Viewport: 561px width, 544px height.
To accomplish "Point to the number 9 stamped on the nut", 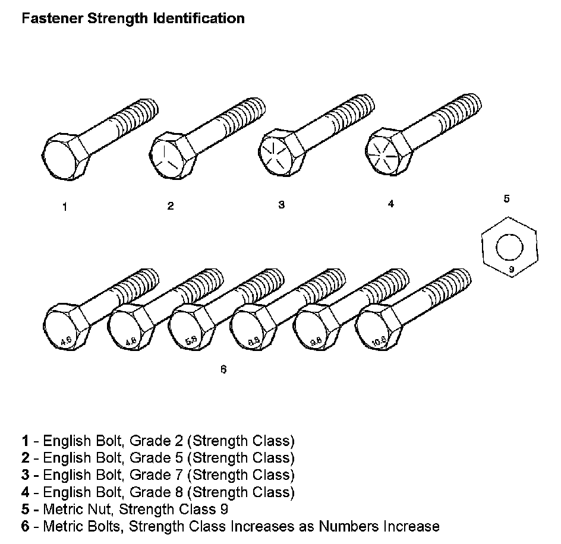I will coord(510,270).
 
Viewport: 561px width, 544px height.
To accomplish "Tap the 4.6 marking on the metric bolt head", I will coord(67,341).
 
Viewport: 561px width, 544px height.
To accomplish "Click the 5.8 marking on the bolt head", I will coord(191,341).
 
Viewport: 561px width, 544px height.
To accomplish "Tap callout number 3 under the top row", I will coord(281,205).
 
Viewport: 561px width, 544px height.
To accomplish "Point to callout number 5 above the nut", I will coord(506,199).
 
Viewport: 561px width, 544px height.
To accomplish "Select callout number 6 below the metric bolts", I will coord(223,369).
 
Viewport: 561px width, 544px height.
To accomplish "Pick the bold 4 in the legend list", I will coord(25,492).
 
